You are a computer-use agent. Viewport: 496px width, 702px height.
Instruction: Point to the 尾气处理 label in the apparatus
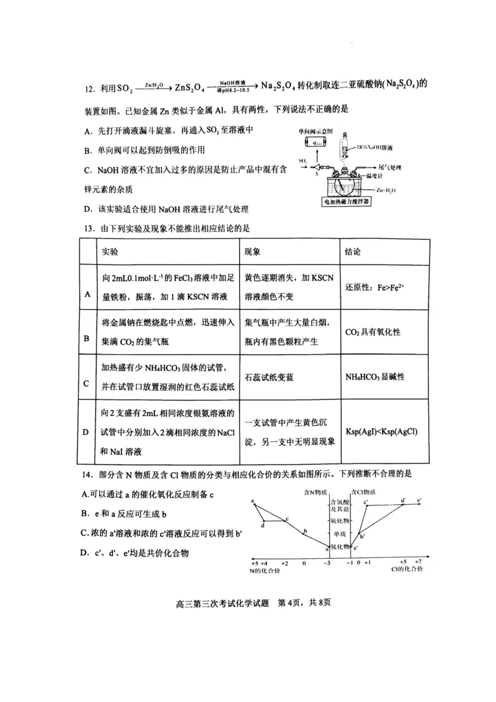point(391,169)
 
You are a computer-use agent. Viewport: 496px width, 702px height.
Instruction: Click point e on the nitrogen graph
point(254,501)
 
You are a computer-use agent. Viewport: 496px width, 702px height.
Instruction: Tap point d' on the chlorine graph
point(403,500)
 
